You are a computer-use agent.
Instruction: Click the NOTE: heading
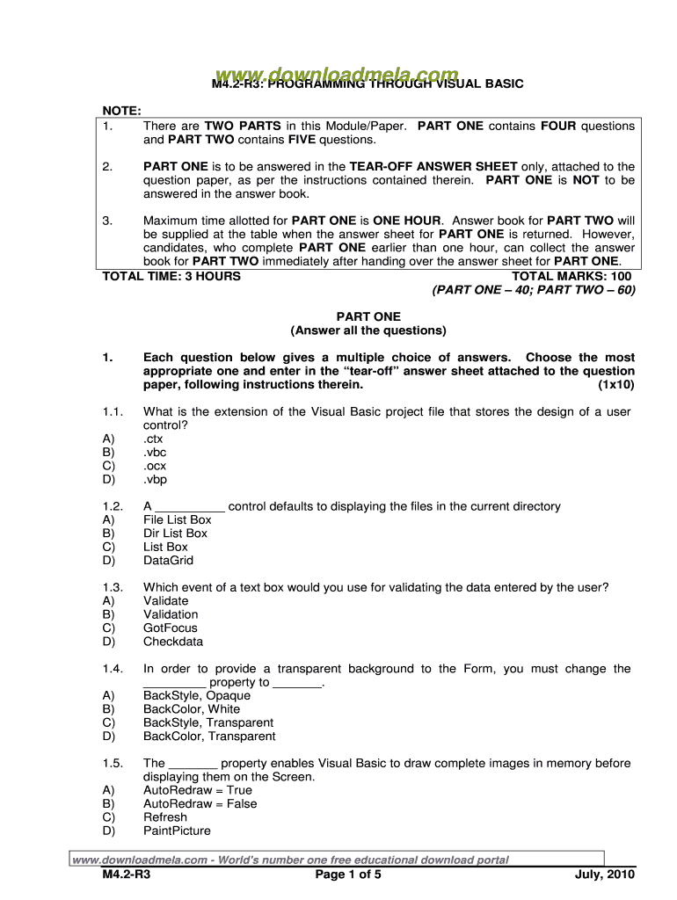[122, 111]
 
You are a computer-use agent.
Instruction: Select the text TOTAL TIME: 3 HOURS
[171, 276]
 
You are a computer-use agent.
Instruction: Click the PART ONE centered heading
[368, 316]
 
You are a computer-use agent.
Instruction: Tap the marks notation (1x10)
[615, 385]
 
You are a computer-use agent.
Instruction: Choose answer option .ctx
[153, 439]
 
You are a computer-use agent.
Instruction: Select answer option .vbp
[155, 479]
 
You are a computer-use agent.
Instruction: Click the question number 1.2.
[112, 506]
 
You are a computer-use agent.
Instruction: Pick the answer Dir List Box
[175, 533]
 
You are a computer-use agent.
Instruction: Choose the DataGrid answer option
[168, 560]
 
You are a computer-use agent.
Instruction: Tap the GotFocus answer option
[171, 628]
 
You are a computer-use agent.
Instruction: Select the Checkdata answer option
[171, 641]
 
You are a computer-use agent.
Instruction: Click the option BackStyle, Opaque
[196, 695]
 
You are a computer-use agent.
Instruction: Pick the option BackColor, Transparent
[209, 736]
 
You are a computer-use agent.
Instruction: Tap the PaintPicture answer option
[177, 830]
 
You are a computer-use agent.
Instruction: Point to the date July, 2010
[604, 875]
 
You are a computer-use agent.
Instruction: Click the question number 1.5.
[112, 763]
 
